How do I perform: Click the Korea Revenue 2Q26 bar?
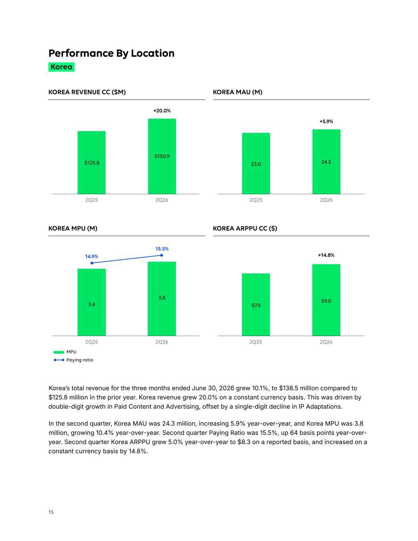click(x=162, y=156)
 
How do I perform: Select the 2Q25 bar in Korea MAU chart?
click(x=256, y=163)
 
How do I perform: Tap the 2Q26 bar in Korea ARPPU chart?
click(x=326, y=300)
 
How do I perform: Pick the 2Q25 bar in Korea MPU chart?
click(x=92, y=302)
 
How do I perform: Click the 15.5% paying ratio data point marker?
click(x=162, y=255)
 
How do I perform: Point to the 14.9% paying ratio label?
click(x=92, y=256)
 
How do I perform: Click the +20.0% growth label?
click(x=162, y=111)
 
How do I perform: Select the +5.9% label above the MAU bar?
click(x=326, y=122)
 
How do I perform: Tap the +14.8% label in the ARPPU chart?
click(x=326, y=255)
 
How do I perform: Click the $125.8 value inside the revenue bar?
click(x=92, y=163)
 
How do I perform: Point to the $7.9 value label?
click(x=256, y=305)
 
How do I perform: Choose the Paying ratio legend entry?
click(x=74, y=360)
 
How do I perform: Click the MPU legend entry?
click(x=65, y=352)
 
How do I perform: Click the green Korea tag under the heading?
click(x=61, y=67)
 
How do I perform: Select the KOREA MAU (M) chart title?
click(x=238, y=92)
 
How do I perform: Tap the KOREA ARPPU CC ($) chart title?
click(x=245, y=229)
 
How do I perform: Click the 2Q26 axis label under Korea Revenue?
click(x=162, y=200)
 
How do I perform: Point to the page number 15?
click(x=51, y=512)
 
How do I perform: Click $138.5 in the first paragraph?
click(x=288, y=388)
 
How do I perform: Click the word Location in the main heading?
click(x=153, y=53)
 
